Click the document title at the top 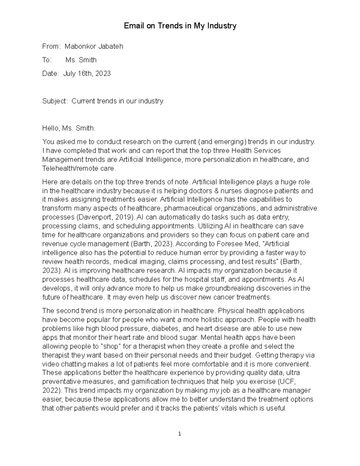click(x=180, y=26)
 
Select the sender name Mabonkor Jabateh click(x=94, y=47)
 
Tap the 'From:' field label click(x=52, y=47)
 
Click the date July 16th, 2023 click(x=87, y=74)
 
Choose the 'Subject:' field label click(x=55, y=101)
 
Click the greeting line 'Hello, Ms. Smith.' click(x=69, y=128)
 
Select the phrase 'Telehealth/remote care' click(x=78, y=169)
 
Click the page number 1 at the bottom click(x=180, y=434)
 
